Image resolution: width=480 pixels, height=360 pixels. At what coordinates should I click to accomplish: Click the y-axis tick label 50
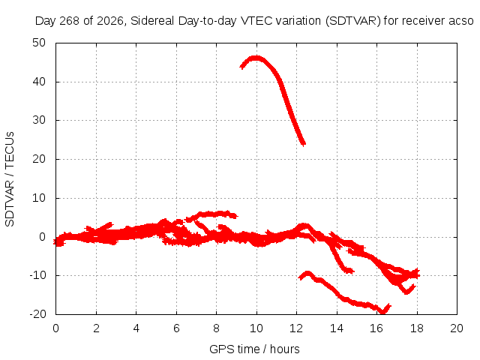point(39,43)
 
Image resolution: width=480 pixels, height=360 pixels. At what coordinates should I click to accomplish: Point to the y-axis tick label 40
point(39,82)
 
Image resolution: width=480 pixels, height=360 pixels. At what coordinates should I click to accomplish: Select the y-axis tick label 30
point(39,120)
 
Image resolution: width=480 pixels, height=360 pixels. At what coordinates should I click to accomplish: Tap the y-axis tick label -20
point(37,314)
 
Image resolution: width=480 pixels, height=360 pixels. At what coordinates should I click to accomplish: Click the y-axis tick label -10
point(37,275)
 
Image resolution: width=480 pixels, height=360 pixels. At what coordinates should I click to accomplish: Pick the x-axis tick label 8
point(217,328)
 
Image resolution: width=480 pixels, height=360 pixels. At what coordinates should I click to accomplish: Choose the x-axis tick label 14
point(337,328)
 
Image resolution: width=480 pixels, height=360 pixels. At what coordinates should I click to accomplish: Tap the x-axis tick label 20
point(457,328)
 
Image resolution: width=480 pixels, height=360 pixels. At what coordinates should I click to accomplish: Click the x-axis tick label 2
point(96,328)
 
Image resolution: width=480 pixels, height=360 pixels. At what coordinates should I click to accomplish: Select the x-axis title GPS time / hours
point(254,349)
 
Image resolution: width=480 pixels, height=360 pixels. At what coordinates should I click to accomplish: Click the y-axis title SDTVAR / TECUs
point(10,179)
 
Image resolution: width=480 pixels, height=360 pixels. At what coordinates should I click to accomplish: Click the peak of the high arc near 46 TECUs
point(256,58)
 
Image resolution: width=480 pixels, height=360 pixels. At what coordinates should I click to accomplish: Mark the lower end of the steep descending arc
point(303,143)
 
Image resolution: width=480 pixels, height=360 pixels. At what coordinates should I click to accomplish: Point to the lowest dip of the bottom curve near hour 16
point(382,312)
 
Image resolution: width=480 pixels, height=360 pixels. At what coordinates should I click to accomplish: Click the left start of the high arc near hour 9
point(241,66)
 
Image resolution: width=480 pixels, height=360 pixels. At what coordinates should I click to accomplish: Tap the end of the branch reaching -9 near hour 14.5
point(352,271)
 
